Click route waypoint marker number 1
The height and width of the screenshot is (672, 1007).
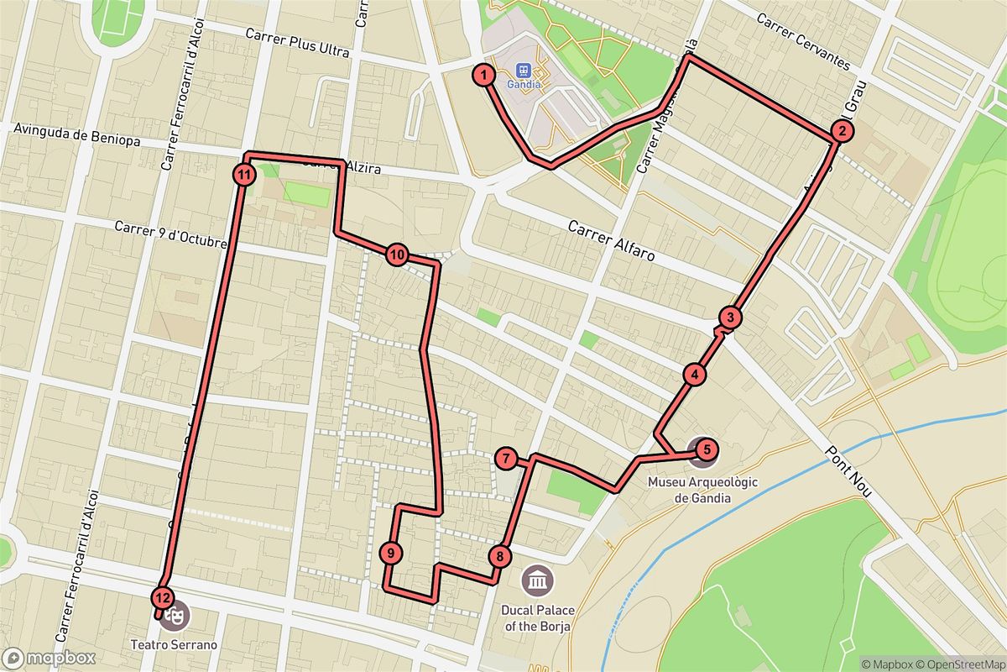[483, 75]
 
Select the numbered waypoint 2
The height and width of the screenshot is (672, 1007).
[841, 131]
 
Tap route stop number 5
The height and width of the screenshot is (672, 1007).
[707, 450]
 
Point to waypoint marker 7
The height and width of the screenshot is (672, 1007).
[505, 459]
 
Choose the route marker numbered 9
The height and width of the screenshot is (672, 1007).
[391, 553]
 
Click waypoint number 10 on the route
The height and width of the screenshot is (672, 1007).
[397, 255]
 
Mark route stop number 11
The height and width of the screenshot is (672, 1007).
[243, 175]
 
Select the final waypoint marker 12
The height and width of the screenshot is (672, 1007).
[163, 598]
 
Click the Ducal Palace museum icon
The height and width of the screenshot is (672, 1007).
[537, 580]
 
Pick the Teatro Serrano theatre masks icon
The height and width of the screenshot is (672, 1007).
[175, 615]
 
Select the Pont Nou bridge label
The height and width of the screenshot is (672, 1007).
[849, 475]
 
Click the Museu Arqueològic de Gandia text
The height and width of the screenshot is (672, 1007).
[689, 491]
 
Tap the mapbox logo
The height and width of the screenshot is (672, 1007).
[49, 658]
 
